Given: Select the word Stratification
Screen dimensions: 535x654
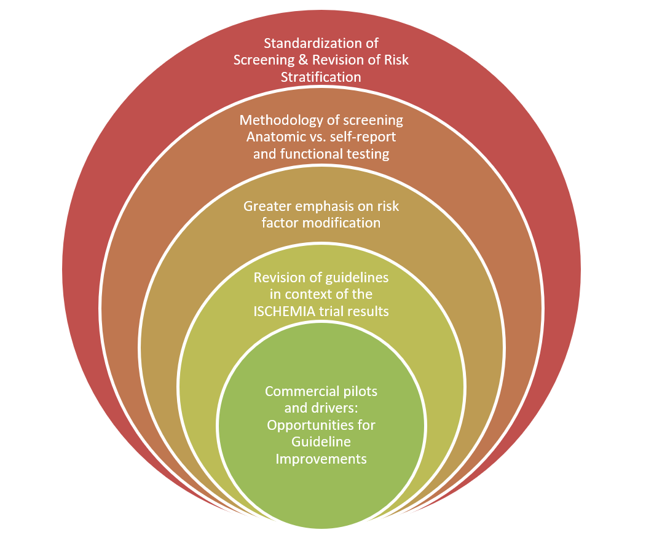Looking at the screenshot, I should tap(321, 77).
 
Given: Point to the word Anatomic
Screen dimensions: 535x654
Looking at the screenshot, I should tap(270, 137).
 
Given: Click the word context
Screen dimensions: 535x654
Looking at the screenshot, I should tap(312, 295).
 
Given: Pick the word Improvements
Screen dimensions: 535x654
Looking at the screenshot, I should tap(321, 459).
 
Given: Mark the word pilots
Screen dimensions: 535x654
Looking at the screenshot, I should tap(361, 391).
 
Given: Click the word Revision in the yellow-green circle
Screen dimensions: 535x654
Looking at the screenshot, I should tap(277, 278).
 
